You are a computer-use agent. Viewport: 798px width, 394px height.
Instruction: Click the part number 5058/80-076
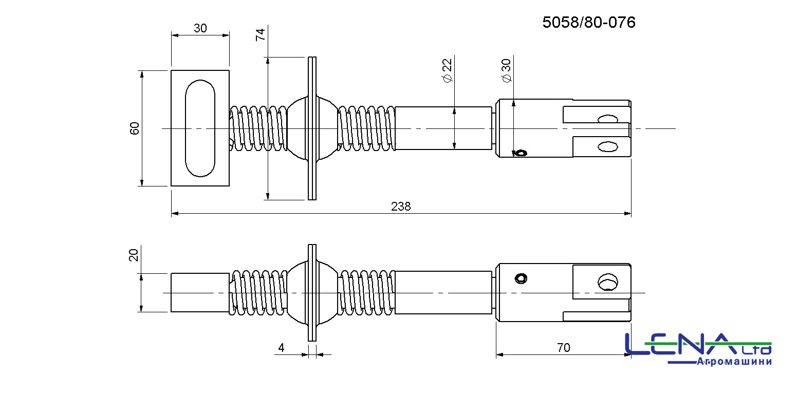589,23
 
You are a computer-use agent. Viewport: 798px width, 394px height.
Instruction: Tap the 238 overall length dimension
401,207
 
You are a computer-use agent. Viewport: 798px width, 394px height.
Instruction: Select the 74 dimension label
261,34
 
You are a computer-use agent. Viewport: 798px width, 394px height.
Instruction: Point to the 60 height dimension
134,128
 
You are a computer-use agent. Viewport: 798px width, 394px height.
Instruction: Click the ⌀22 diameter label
447,70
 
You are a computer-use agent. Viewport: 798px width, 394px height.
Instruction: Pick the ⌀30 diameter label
506,70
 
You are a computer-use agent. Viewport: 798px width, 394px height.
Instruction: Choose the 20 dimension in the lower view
134,255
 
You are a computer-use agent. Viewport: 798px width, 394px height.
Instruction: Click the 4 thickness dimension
282,347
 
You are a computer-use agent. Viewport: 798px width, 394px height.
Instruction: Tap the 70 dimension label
564,347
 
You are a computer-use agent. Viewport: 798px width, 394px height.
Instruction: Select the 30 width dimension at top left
200,28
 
